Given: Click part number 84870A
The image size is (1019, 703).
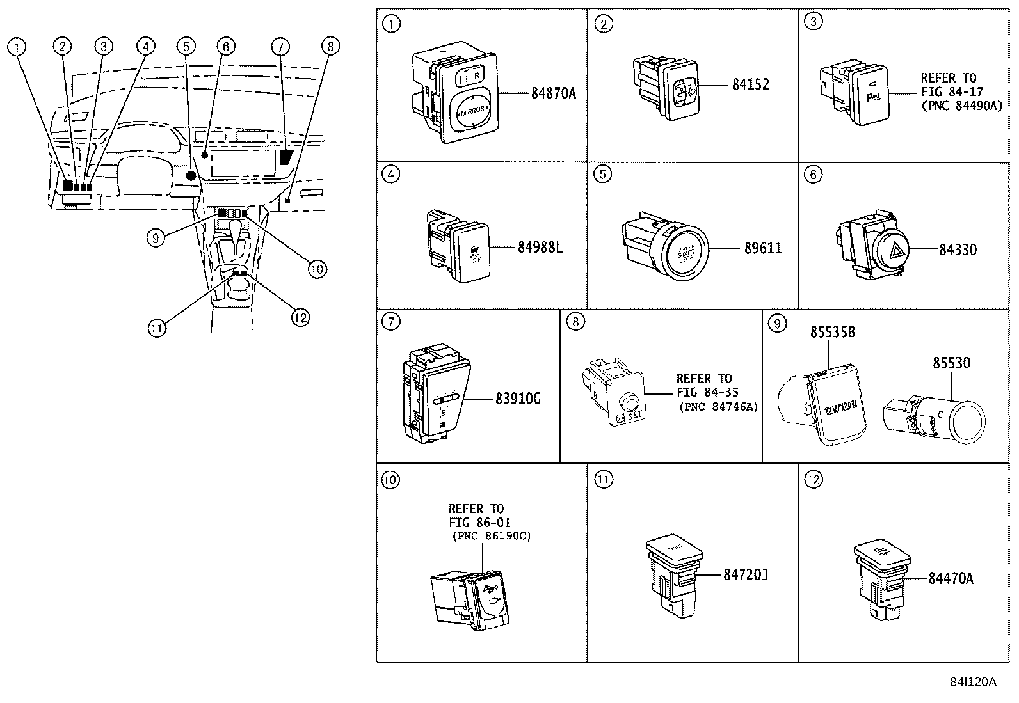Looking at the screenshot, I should click(553, 93).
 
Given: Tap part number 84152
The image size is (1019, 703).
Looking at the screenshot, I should click(750, 84).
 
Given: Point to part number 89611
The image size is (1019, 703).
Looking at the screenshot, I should click(762, 248).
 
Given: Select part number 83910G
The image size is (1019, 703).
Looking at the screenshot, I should click(518, 399).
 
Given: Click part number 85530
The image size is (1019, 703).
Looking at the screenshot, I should click(951, 363).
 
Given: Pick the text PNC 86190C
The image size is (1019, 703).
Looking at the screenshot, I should click(491, 536).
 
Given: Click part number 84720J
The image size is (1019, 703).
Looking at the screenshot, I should click(745, 575).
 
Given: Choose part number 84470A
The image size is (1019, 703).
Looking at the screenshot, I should click(951, 578).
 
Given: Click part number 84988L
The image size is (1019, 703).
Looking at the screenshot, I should click(540, 248).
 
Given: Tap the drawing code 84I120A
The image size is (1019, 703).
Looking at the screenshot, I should click(973, 681).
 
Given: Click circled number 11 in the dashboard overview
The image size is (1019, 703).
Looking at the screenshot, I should click(157, 329).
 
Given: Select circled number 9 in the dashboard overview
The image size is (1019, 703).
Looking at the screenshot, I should click(156, 239).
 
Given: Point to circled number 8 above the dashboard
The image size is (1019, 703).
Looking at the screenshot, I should click(330, 46).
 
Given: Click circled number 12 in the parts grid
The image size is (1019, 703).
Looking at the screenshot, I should click(812, 480).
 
